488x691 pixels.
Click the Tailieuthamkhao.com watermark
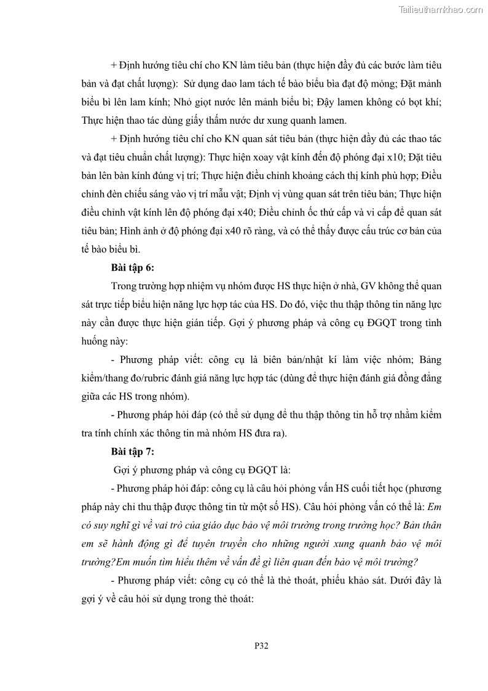point(441,9)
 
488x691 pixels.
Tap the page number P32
point(261,645)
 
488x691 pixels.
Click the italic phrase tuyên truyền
point(270,544)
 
